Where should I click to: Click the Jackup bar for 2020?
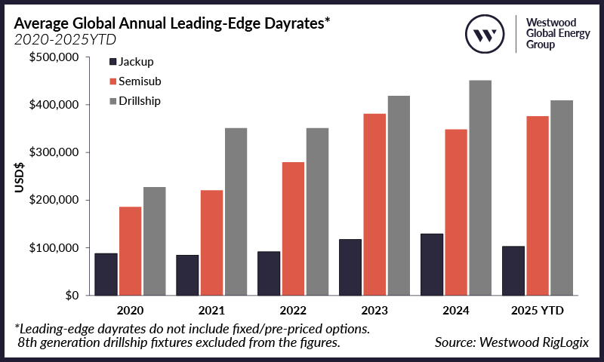105,275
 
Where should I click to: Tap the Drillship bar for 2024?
480,188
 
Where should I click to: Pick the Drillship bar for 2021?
236,212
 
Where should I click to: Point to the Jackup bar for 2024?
431,265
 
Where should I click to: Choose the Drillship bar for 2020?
154,241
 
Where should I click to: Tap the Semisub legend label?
146,81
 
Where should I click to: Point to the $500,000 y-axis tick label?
56,57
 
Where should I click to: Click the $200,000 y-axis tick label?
56,200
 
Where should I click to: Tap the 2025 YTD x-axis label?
537,311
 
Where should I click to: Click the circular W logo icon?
484,34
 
